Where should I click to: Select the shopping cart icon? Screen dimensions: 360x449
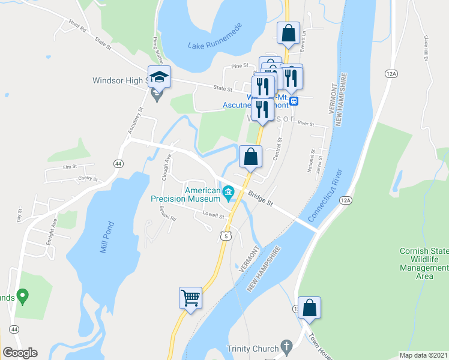pyautogui.click(x=191, y=298)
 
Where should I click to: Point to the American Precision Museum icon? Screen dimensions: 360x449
pyautogui.click(x=228, y=193)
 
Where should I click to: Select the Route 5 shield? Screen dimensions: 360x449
pyautogui.click(x=225, y=236)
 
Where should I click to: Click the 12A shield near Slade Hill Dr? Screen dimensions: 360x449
pyautogui.click(x=391, y=73)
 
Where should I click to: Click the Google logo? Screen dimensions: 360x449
pyautogui.click(x=20, y=352)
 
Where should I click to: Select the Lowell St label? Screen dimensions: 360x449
pyautogui.click(x=213, y=215)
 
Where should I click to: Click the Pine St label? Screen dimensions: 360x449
pyautogui.click(x=240, y=66)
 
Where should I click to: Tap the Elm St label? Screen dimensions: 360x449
pyautogui.click(x=71, y=168)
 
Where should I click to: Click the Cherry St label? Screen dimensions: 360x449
pyautogui.click(x=88, y=178)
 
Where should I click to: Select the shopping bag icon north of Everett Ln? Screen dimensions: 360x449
pyautogui.click(x=288, y=34)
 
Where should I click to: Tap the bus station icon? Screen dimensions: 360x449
pyautogui.click(x=294, y=101)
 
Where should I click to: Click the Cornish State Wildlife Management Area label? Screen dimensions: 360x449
pyautogui.click(x=424, y=263)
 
